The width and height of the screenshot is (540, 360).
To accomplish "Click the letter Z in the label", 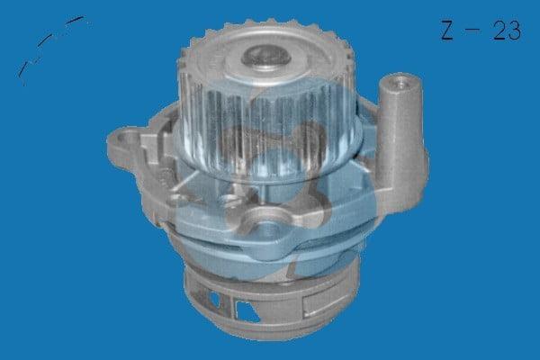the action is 446,31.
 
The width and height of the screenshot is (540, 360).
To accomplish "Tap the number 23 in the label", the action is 506,31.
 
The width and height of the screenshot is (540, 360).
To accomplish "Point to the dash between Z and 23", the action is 472,30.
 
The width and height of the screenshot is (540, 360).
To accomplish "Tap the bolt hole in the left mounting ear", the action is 124,139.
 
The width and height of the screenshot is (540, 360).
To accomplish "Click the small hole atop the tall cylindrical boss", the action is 400,83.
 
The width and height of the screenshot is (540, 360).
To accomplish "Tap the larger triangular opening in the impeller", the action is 246,311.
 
